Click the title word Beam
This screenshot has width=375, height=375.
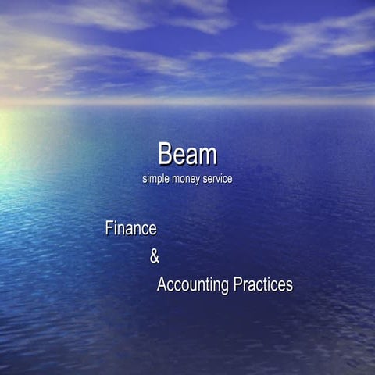(x=187, y=154)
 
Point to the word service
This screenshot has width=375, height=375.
(x=218, y=179)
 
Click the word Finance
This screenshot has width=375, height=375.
(x=131, y=229)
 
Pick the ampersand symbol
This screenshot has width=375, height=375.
(x=154, y=256)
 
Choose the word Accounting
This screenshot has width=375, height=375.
(x=193, y=285)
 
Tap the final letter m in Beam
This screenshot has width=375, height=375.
(x=207, y=155)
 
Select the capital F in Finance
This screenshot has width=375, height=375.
(x=109, y=229)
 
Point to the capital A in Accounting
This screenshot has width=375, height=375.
(x=162, y=285)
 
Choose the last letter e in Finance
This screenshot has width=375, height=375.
(x=153, y=230)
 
